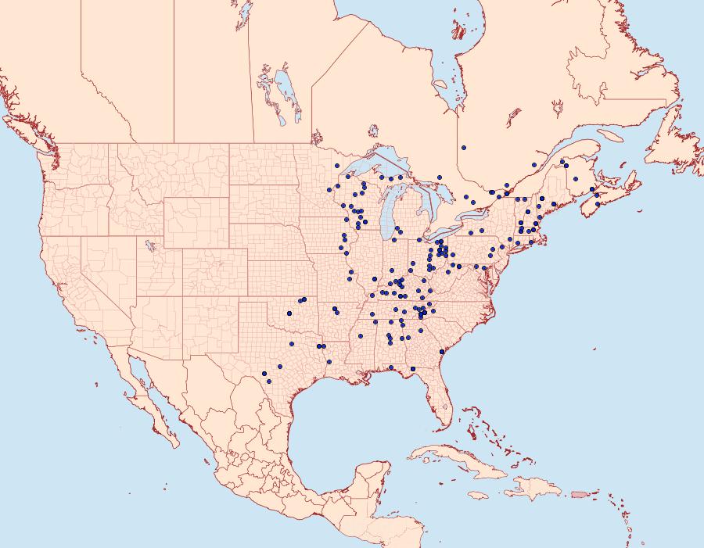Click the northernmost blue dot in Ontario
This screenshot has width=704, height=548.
[x=464, y=147]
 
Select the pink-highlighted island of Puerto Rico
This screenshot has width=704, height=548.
[x=580, y=494]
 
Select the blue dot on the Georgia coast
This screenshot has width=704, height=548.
[x=442, y=353]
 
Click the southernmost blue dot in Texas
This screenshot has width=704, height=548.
[x=268, y=381]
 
